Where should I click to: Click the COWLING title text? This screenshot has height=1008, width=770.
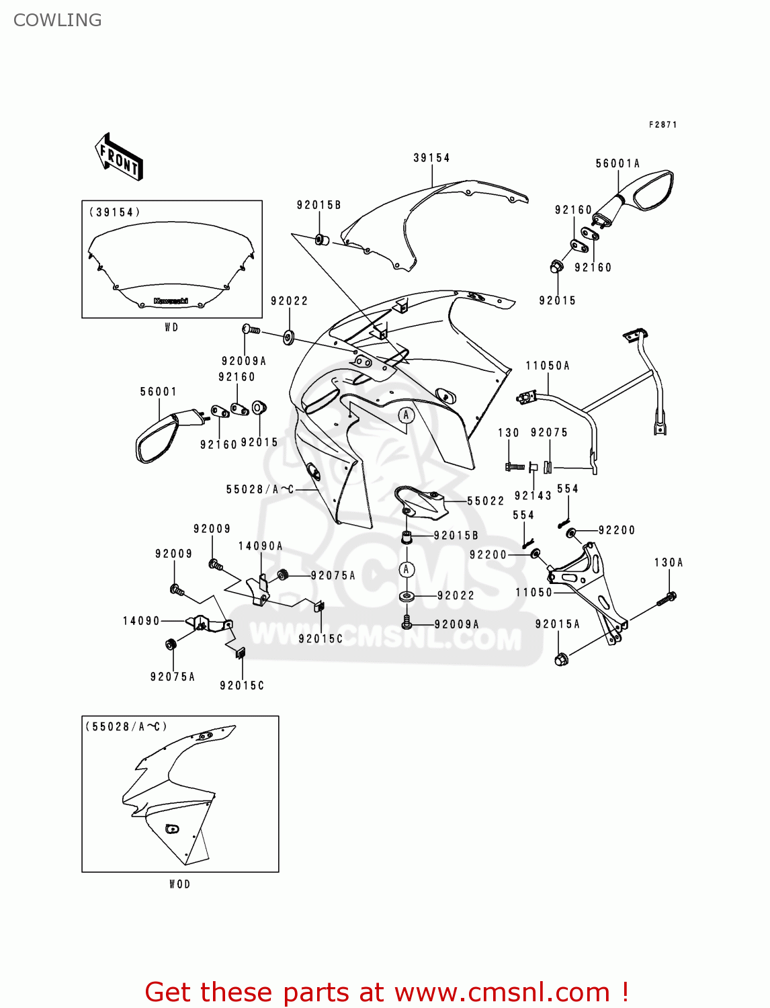click(x=58, y=20)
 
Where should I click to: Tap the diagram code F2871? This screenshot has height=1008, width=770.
click(x=662, y=125)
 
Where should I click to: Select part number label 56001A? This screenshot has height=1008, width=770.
click(x=617, y=163)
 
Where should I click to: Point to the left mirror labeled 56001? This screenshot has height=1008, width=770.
click(x=159, y=438)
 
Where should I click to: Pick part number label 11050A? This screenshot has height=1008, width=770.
click(x=548, y=366)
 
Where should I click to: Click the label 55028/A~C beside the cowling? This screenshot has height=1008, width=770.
click(x=260, y=489)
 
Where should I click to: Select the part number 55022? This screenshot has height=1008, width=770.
click(x=485, y=501)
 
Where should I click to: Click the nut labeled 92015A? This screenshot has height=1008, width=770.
click(x=561, y=659)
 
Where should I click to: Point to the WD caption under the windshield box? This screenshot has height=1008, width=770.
click(x=171, y=327)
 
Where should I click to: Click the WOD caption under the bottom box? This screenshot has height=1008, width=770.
click(x=179, y=884)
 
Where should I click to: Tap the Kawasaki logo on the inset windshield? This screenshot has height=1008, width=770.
click(x=171, y=301)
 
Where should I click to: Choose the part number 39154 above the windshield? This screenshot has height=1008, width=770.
click(x=431, y=158)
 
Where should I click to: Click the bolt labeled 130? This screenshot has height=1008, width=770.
click(x=515, y=466)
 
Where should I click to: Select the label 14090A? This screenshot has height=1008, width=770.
click(x=260, y=546)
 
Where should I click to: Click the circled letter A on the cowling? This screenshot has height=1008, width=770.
click(x=406, y=415)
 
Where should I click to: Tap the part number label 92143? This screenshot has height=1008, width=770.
click(x=533, y=495)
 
